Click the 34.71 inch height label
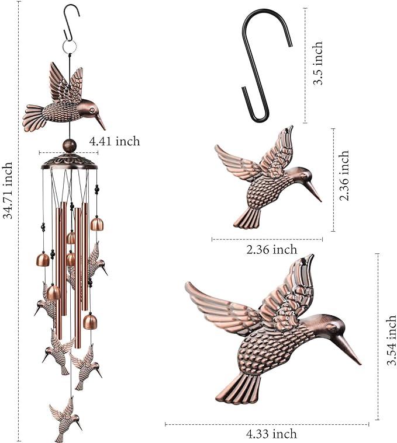[x=8, y=190]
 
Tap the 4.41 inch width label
[x=115, y=141]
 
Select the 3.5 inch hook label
[x=317, y=64]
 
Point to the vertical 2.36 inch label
[x=344, y=176]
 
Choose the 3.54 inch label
[x=391, y=339]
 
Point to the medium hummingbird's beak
[x=315, y=191]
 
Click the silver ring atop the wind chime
[x=70, y=46]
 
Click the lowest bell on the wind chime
[x=89, y=322]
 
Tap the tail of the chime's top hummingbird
[x=34, y=118]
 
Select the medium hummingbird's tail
[x=248, y=218]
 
